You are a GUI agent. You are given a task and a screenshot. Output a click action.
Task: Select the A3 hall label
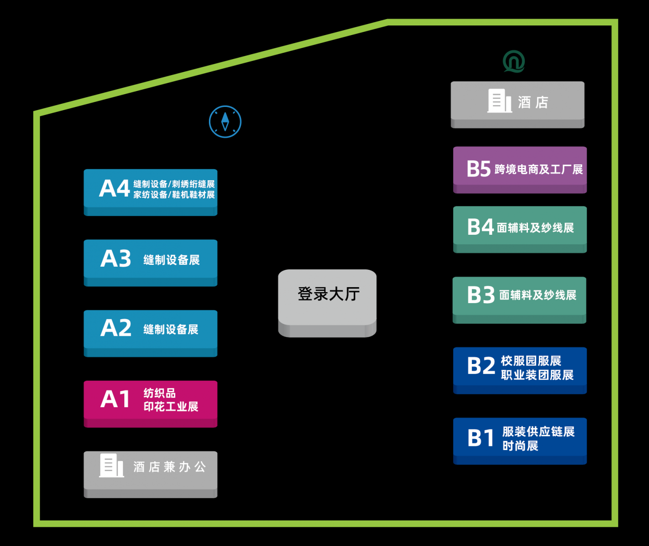(116, 259)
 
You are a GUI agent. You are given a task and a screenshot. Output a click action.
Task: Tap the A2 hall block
(150, 333)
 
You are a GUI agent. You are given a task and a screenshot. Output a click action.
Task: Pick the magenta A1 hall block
(150, 403)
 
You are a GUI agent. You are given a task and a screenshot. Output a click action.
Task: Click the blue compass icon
(225, 121)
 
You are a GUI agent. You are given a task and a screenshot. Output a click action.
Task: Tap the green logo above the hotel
(514, 61)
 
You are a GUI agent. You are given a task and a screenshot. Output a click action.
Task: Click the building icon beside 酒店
(499, 101)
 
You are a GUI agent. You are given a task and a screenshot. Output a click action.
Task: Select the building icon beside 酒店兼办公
(112, 465)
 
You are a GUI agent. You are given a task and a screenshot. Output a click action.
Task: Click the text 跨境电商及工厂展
(538, 170)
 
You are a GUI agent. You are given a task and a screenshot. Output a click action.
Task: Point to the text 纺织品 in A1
(159, 393)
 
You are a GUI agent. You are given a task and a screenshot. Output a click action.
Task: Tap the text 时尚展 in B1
(520, 446)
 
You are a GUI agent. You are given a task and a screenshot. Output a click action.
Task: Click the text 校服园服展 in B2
(531, 361)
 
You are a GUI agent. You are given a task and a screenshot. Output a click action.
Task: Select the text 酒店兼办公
(169, 467)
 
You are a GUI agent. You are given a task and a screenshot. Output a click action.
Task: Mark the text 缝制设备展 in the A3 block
(172, 260)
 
